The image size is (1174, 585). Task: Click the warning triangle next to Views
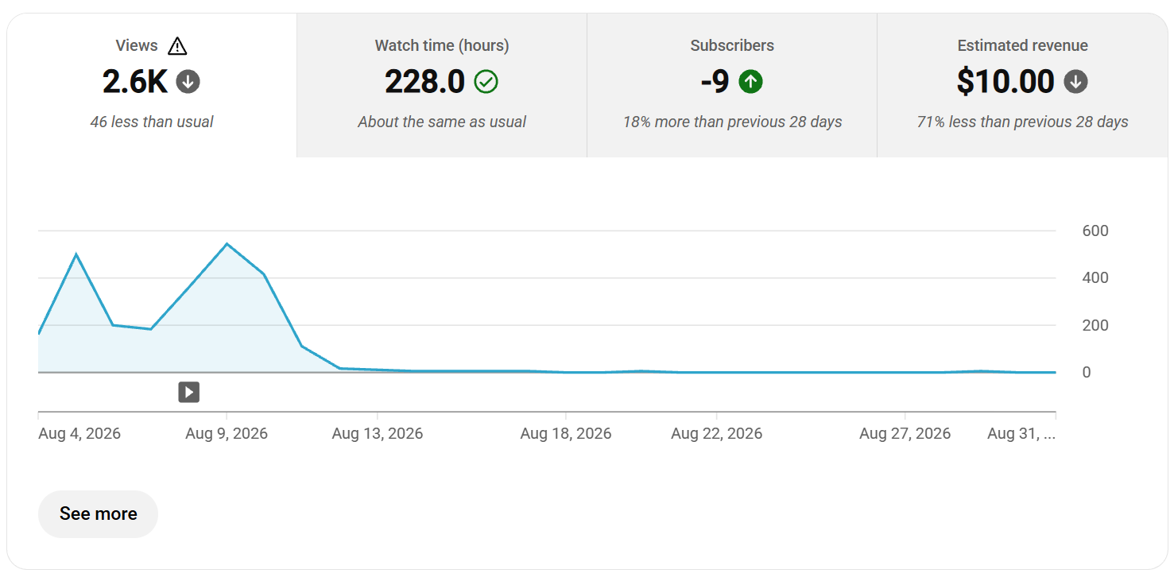coord(177,46)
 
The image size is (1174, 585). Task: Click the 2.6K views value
coord(134,82)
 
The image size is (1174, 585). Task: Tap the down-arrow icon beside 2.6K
coord(188,82)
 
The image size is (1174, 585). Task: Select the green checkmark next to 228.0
coord(486,82)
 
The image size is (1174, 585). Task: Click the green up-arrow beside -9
coord(750,82)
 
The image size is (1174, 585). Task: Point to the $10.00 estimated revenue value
coord(1005,82)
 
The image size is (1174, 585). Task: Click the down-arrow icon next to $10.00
coord(1075,82)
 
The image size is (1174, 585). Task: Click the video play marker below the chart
coord(188,392)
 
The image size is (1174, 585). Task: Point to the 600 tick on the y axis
coord(1095,231)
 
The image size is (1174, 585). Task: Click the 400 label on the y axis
coord(1095,278)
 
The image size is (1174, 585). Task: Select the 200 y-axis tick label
coord(1095,325)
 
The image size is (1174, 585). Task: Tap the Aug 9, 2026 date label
coord(227,433)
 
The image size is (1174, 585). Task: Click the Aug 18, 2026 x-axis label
coord(565,433)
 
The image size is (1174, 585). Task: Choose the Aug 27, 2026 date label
coord(905,433)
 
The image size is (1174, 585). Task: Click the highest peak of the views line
coord(227,244)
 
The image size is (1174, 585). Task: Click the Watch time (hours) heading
coord(442,45)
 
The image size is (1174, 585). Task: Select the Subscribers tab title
coord(731,45)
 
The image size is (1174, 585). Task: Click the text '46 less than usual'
coord(152,122)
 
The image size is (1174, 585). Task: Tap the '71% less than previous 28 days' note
coord(1022,122)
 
